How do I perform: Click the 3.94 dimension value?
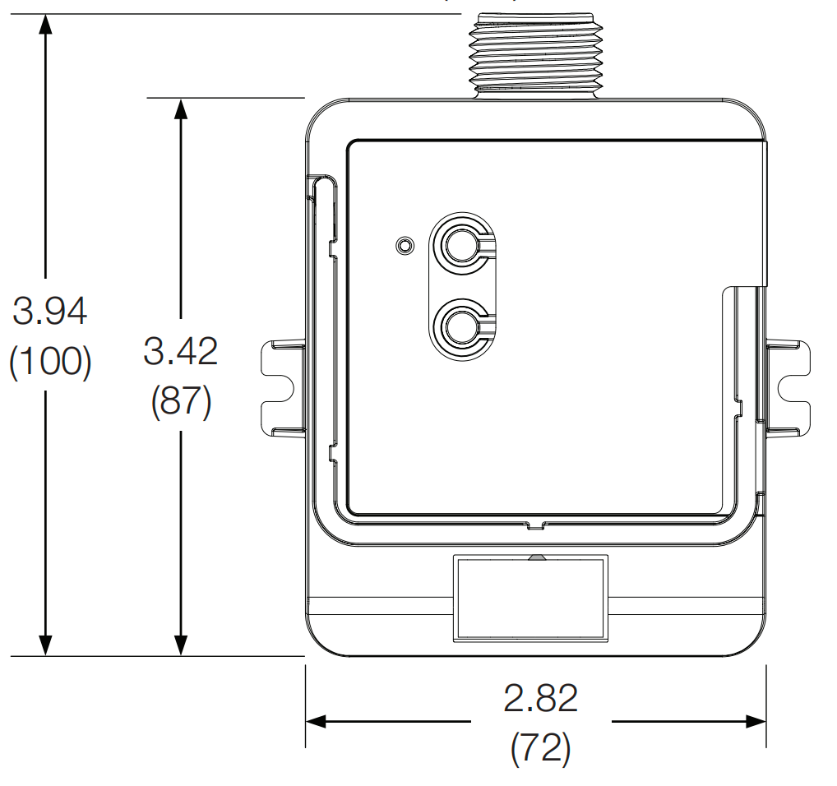[50, 312]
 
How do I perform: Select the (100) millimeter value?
[50, 363]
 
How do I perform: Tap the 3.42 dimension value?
[181, 351]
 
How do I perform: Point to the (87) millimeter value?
[181, 402]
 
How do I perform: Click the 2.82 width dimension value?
[540, 699]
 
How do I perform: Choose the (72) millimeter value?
[540, 748]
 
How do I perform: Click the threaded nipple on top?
[536, 51]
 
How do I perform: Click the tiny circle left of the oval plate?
[403, 245]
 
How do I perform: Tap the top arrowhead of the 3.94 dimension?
[45, 25]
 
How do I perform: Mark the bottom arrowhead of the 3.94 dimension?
[45, 645]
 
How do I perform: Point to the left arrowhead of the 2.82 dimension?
[317, 722]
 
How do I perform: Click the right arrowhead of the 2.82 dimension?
[756, 722]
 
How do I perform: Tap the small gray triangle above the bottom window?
[536, 557]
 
